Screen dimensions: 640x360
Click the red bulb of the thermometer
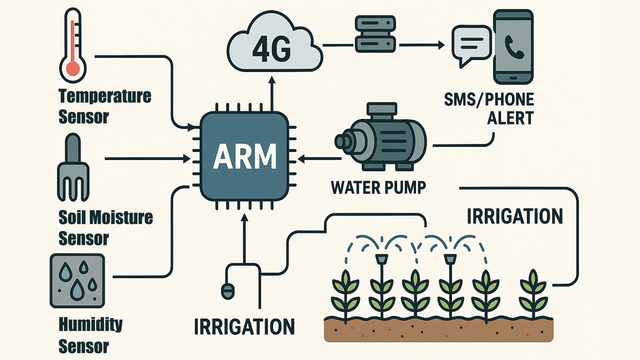(73, 68)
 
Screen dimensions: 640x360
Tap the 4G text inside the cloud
(272, 49)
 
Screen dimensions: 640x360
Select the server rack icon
(375, 34)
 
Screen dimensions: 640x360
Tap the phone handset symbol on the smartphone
(514, 47)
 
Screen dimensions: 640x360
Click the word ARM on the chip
(245, 156)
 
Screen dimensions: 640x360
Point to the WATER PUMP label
(378, 188)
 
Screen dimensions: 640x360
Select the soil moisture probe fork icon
(73, 167)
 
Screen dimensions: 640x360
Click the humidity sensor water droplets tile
(77, 281)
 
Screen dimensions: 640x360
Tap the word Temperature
(105, 96)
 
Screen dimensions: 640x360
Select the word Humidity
(91, 324)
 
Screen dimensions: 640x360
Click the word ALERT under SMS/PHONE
(510, 118)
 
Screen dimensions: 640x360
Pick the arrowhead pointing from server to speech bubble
(441, 45)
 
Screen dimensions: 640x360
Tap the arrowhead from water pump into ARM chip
(301, 159)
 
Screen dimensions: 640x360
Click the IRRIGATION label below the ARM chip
(244, 327)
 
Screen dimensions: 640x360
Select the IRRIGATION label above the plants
(515, 216)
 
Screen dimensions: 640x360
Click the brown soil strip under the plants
(439, 330)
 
